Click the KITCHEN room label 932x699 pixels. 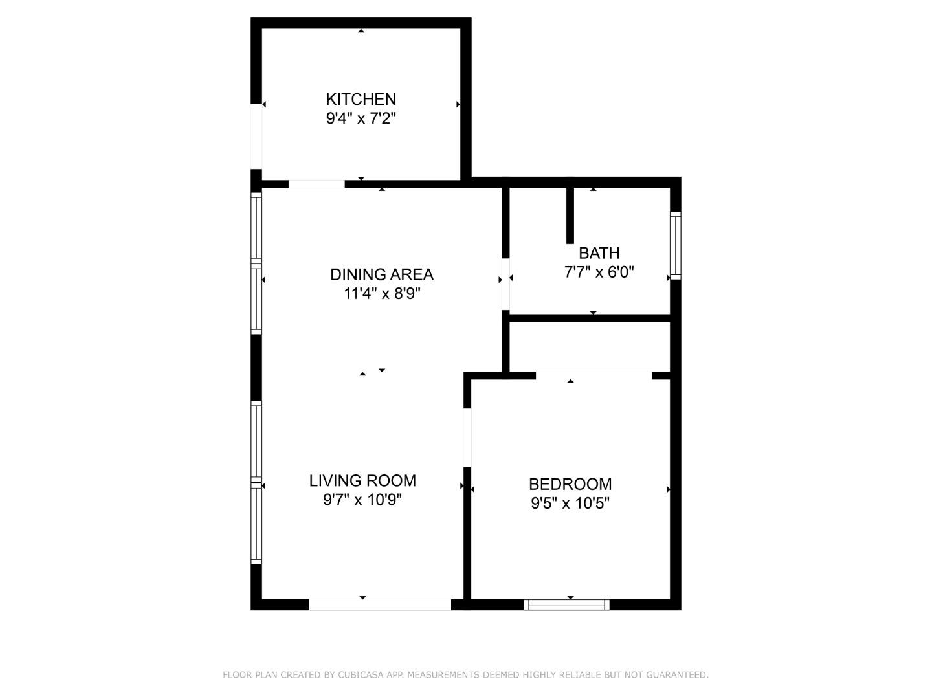point(361,99)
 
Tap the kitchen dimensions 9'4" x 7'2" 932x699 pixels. point(361,118)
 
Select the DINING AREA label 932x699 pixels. point(382,274)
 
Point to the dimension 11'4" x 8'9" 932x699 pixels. point(382,293)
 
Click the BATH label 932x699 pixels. point(599,253)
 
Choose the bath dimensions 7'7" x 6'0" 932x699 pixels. point(599,272)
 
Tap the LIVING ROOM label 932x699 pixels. point(362,481)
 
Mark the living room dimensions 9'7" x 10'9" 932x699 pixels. point(362,500)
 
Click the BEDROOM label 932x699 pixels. point(570,484)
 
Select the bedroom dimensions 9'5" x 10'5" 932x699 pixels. point(570,504)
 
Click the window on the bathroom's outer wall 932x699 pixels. point(676,245)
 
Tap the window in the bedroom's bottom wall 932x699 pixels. point(566,605)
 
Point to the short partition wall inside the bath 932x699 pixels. point(570,215)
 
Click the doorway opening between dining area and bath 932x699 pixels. point(505,284)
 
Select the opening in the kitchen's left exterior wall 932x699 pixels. point(256,136)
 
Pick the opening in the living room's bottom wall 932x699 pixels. point(379,605)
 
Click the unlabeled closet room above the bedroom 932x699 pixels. point(590,347)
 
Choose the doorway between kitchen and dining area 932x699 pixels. point(316,184)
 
